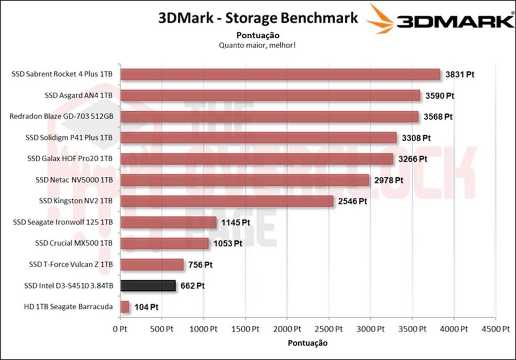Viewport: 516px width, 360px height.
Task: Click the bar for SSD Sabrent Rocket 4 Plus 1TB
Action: click(280, 75)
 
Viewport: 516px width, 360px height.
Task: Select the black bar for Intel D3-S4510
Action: click(148, 286)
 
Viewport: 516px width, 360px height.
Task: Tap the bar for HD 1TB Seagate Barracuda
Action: click(125, 307)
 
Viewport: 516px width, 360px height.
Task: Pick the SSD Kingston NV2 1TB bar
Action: click(227, 201)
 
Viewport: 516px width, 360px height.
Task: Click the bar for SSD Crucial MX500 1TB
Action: click(165, 244)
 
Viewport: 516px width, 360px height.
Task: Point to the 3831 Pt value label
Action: click(460, 75)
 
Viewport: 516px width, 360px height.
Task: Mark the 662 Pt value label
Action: click(192, 286)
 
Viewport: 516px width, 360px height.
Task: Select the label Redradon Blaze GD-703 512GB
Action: click(61, 116)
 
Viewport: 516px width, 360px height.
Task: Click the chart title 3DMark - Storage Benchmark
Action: click(258, 19)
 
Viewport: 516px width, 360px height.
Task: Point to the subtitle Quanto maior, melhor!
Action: click(257, 45)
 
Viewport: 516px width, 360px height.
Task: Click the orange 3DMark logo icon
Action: click(379, 19)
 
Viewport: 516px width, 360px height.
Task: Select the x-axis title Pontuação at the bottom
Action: click(307, 343)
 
